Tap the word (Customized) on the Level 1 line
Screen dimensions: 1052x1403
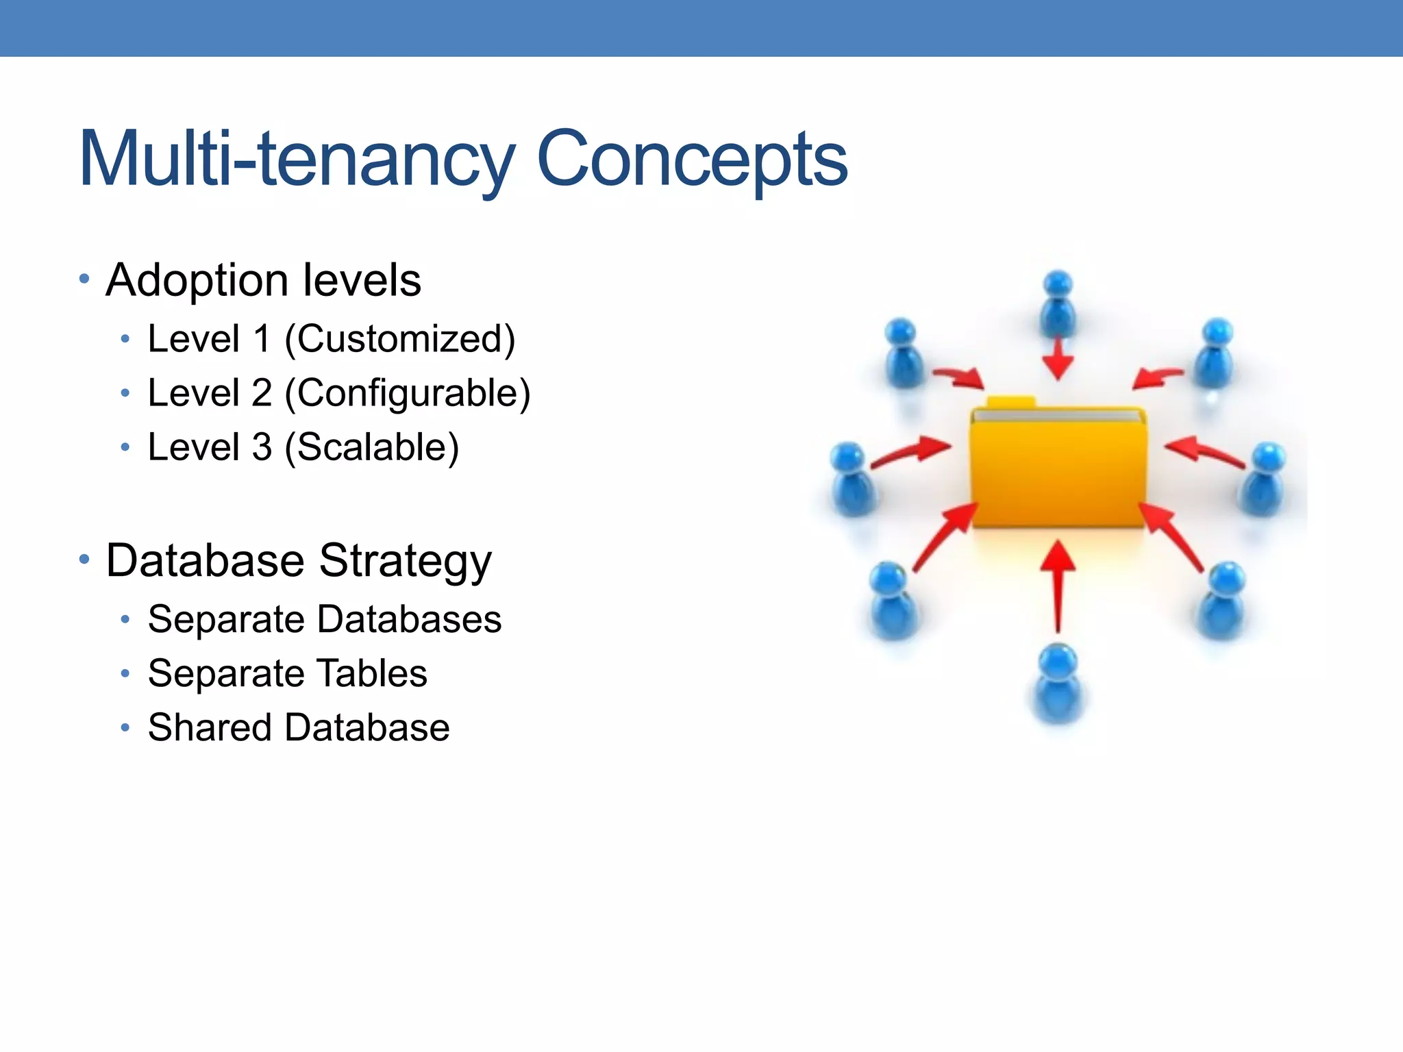(399, 339)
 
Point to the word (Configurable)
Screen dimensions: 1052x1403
(407, 394)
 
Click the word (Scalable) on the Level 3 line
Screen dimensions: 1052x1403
(371, 448)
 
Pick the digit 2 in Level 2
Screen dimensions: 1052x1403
(261, 393)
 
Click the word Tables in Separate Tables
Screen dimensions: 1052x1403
(372, 673)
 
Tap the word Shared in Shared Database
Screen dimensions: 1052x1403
(210, 727)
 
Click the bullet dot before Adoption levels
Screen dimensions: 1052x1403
(84, 279)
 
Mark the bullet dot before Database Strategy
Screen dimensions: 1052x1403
(84, 560)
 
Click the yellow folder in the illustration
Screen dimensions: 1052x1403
(1058, 466)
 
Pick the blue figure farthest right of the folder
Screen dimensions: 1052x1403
(1265, 479)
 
